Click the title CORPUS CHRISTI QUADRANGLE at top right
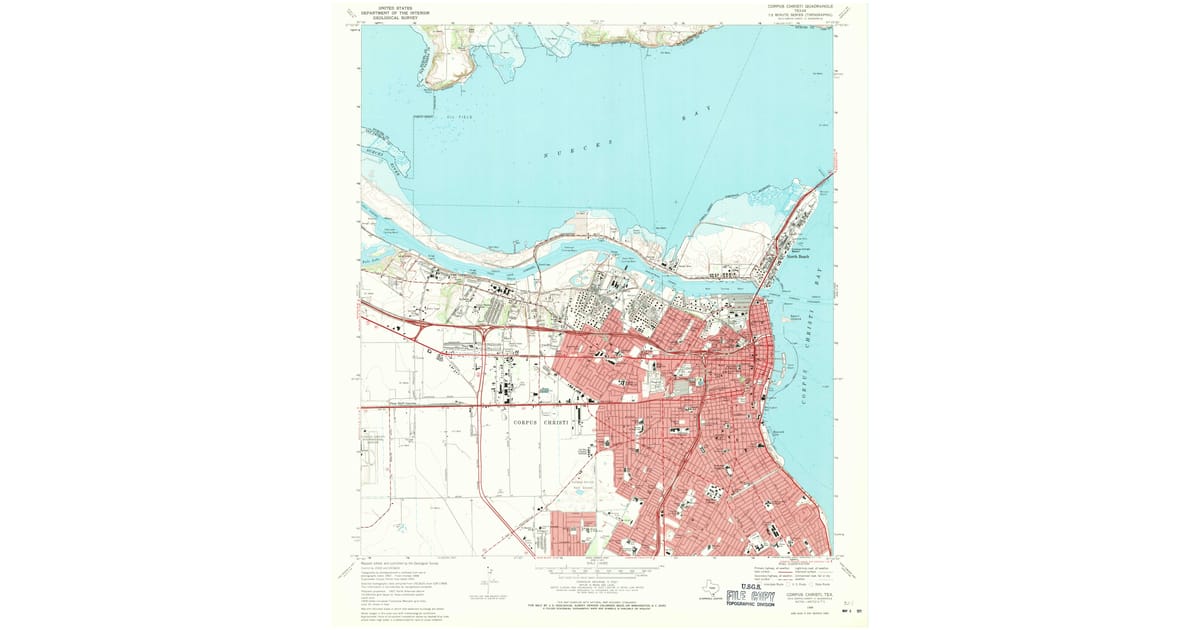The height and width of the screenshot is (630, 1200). (797, 5)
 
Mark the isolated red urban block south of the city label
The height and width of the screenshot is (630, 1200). (572, 531)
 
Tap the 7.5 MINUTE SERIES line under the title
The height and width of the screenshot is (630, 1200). (797, 15)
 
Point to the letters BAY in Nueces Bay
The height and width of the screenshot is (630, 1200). (699, 117)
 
